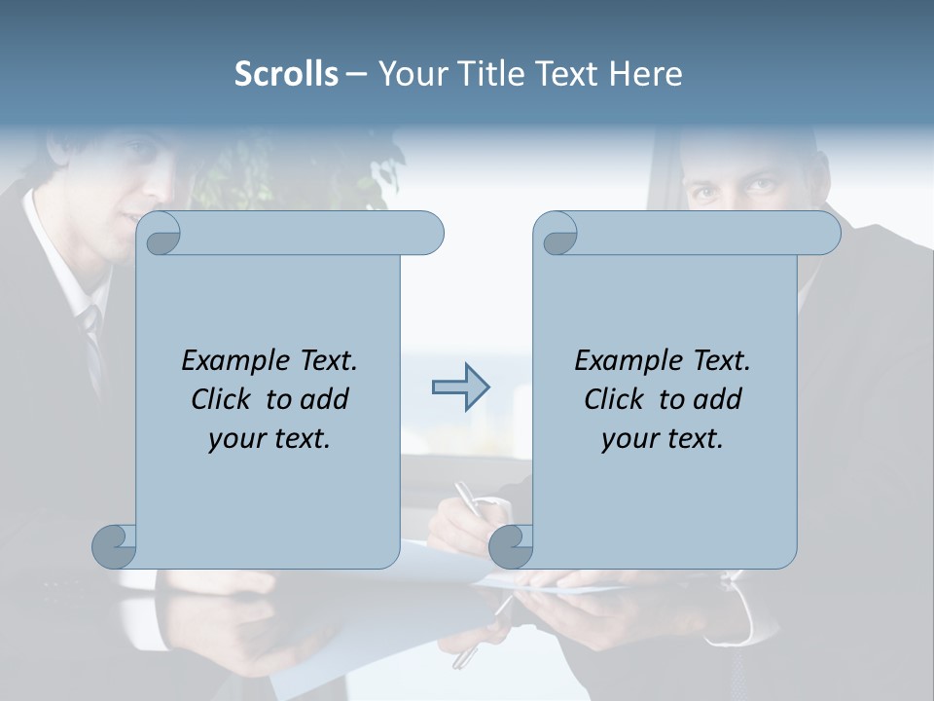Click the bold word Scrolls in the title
click(x=286, y=74)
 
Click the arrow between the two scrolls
click(x=460, y=387)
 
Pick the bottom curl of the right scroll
click(x=511, y=546)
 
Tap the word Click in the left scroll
click(x=223, y=399)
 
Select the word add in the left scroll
click(x=325, y=399)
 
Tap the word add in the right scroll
click(x=718, y=399)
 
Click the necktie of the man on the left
click(x=92, y=341)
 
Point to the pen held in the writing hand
click(x=468, y=497)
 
